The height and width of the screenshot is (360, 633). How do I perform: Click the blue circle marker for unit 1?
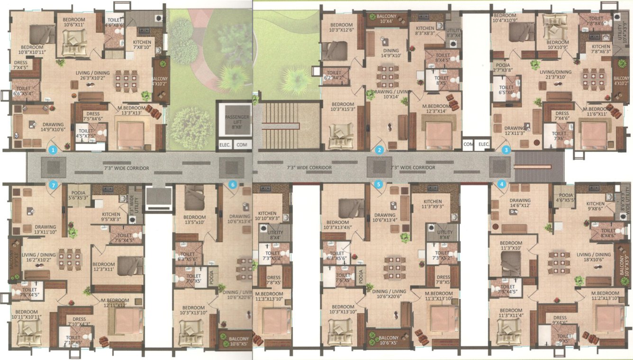pos(54,150)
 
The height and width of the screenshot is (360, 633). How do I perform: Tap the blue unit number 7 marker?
pos(54,185)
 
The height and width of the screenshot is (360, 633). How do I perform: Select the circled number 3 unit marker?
pos(506,150)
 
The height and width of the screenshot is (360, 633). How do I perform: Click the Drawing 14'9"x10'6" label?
pos(46,127)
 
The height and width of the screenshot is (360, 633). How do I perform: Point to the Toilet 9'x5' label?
pos(564,338)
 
